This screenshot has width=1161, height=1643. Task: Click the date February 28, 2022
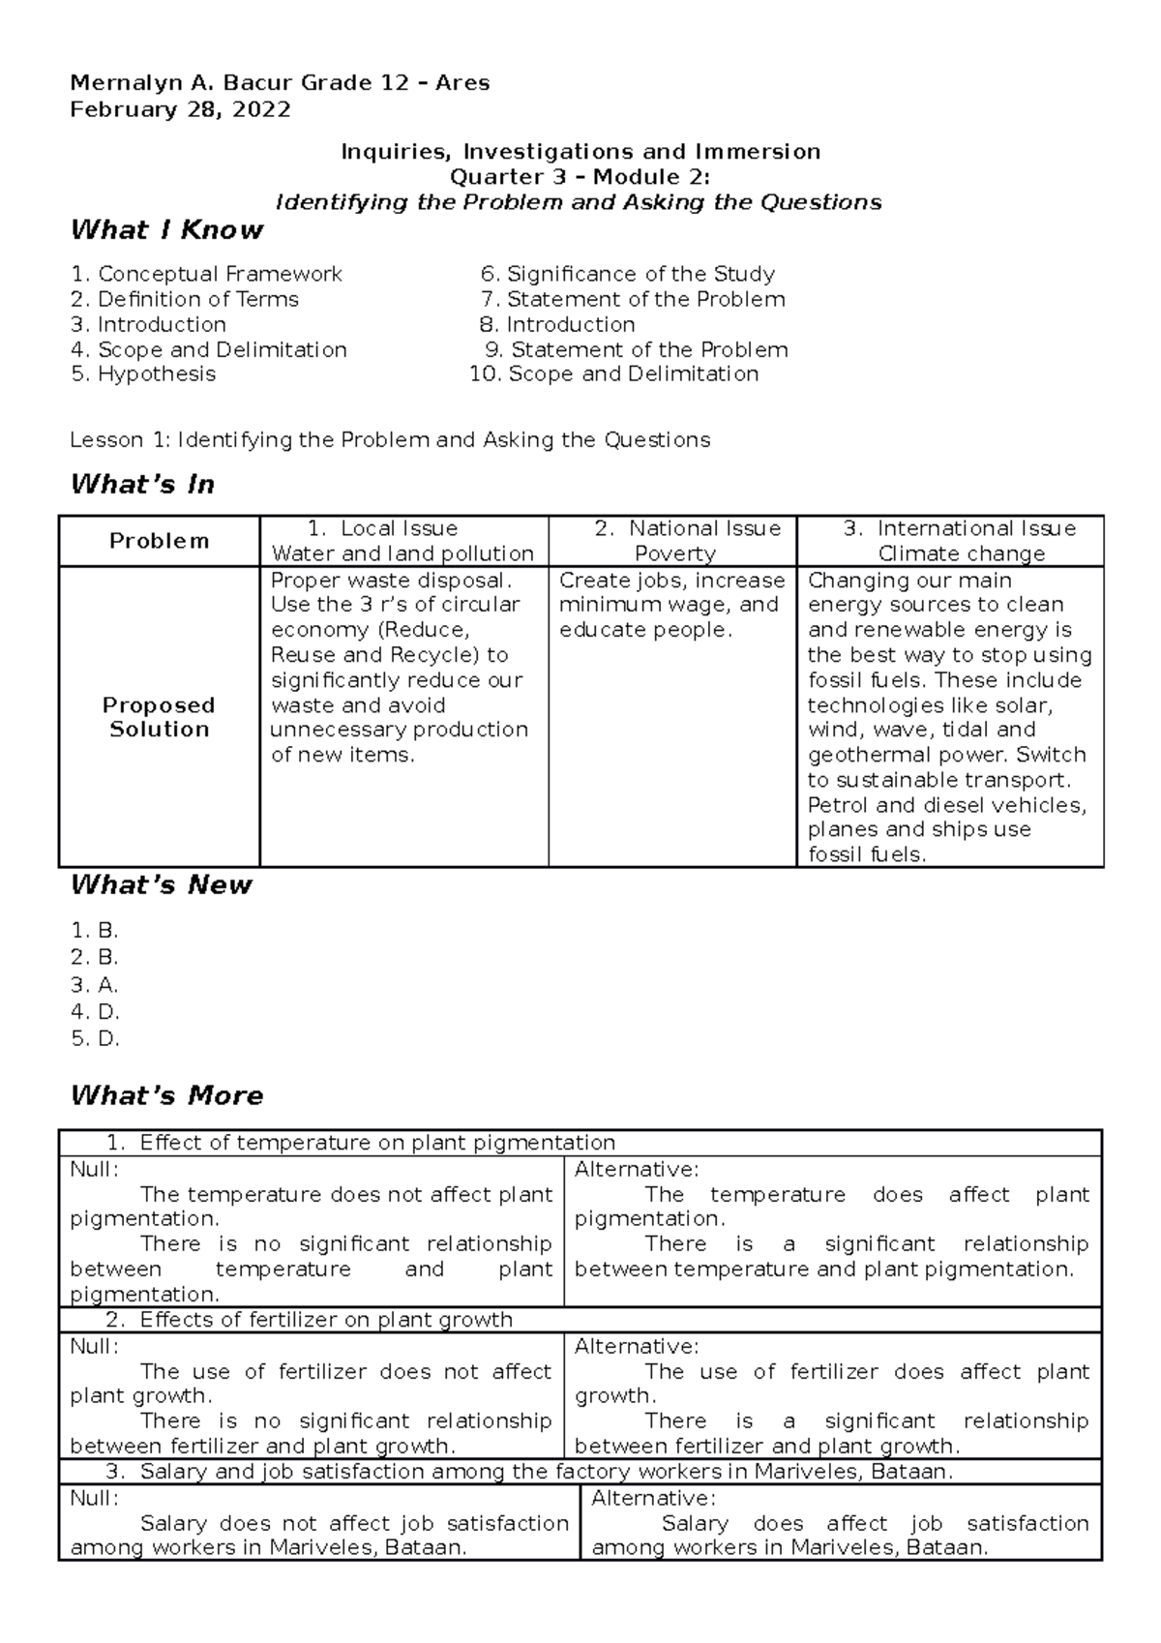180,109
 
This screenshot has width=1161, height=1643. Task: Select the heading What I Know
166,230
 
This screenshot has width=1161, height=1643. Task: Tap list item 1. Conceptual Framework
206,274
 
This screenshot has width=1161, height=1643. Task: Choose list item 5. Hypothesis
143,373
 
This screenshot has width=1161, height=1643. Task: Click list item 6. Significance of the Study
628,274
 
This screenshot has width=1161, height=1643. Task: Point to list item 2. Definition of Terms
185,299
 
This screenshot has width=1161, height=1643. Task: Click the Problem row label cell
159,541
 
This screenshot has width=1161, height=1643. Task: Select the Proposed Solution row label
159,717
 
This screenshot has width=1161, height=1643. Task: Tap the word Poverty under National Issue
674,553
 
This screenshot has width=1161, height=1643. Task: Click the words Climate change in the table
962,553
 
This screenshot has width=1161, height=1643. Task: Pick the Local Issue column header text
399,528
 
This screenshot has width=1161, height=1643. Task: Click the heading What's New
162,884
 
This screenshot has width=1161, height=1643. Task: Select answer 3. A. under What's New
95,985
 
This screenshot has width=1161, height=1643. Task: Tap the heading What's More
166,1095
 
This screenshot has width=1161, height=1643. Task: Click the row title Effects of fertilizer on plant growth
326,1320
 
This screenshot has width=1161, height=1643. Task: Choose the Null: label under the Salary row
95,1498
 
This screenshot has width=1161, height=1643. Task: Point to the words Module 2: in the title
651,177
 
